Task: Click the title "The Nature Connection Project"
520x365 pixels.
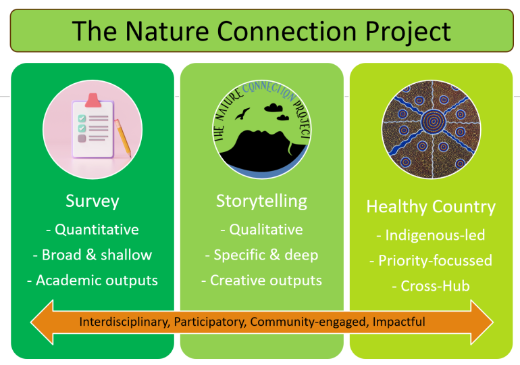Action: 261,31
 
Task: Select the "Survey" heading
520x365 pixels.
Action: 93,201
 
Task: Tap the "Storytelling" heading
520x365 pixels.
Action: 261,201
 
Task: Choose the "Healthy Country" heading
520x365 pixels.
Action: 431,207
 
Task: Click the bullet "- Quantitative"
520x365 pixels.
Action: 93,229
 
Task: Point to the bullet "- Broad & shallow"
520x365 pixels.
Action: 93,255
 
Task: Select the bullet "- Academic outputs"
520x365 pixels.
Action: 93,280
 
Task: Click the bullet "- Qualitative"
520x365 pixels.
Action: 261,229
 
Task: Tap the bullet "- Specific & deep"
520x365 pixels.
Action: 261,255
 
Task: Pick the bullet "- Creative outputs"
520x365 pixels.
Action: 261,280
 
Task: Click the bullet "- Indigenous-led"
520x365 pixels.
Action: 431,235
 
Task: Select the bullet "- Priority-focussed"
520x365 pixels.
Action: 431,260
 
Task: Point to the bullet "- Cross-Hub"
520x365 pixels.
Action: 431,286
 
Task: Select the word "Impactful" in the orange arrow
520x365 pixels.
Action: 399,322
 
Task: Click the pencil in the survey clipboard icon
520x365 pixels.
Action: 123,137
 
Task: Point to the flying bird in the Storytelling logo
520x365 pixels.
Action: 241,113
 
